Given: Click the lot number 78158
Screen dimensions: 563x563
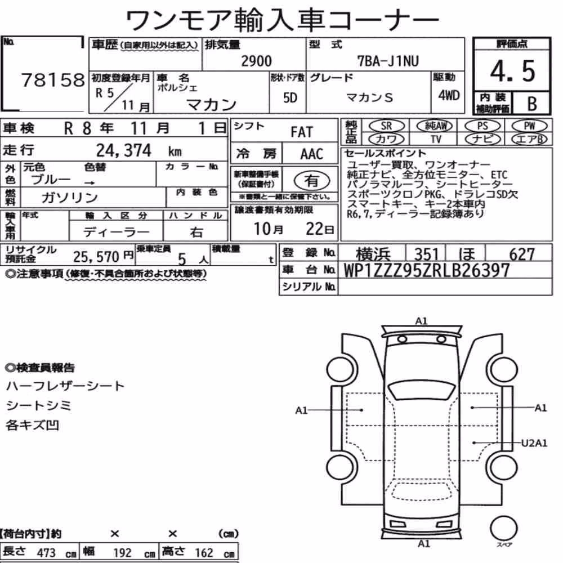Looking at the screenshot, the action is [x=53, y=80].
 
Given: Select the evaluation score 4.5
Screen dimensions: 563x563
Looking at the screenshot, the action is [x=512, y=71].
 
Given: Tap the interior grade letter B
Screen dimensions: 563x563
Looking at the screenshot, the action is [x=532, y=104].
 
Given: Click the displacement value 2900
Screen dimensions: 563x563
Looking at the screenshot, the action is [x=256, y=61].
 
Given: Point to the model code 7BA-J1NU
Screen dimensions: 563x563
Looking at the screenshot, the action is [x=388, y=61].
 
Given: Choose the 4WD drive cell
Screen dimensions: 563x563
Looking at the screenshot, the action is [x=449, y=95].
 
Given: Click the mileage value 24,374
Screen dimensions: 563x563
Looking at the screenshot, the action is [x=124, y=150].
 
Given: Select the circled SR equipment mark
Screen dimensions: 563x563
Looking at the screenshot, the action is [x=386, y=126].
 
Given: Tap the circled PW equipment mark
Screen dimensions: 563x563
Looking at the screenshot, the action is [x=529, y=126].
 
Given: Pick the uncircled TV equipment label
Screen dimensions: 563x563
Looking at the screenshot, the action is [x=436, y=139].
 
